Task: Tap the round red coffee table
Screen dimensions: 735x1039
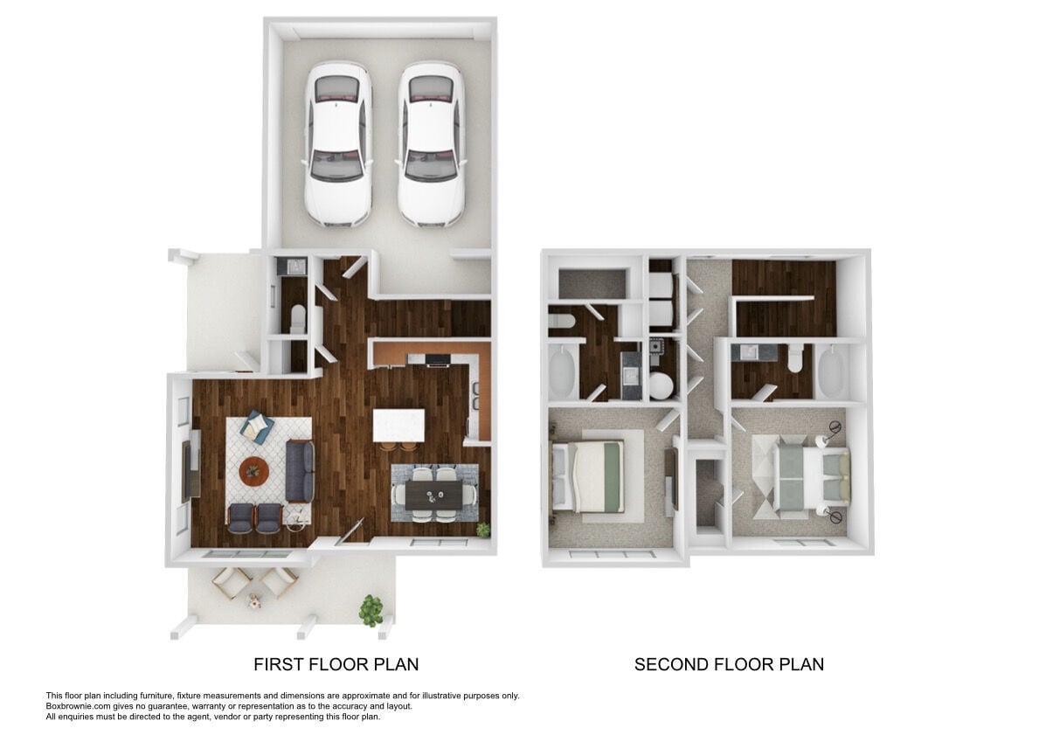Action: pyautogui.click(x=254, y=471)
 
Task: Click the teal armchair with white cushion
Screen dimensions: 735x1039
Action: pyautogui.click(x=258, y=426)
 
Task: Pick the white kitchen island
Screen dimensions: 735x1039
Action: pyautogui.click(x=398, y=426)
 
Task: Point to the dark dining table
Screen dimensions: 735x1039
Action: pyautogui.click(x=434, y=496)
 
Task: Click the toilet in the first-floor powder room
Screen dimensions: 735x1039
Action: pyautogui.click(x=295, y=318)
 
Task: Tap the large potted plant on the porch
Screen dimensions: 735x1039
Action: pyautogui.click(x=371, y=609)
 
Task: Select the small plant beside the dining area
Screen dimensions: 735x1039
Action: pyautogui.click(x=481, y=530)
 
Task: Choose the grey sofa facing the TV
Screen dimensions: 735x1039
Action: pyautogui.click(x=300, y=471)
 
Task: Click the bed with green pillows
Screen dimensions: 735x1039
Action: pyautogui.click(x=813, y=475)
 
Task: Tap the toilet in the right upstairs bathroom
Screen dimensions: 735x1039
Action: pyautogui.click(x=793, y=358)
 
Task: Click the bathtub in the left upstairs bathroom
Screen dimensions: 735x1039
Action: pyautogui.click(x=561, y=371)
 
